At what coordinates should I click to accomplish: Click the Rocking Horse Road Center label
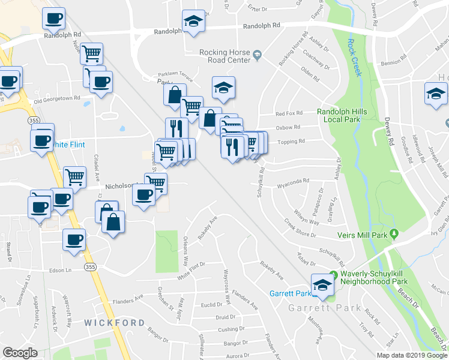tap(224, 56)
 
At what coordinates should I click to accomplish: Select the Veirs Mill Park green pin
tap(394, 233)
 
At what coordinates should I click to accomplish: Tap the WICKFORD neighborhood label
tap(115, 322)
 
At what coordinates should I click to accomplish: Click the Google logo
tap(20, 353)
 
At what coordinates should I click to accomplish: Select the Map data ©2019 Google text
tap(411, 355)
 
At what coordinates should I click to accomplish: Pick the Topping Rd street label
tap(294, 142)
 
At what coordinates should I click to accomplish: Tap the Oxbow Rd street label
tap(288, 127)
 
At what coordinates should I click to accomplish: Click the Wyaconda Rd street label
tap(294, 180)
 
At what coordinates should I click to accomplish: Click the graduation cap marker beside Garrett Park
tap(322, 284)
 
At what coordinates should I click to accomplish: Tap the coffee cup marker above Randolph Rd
tap(53, 18)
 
